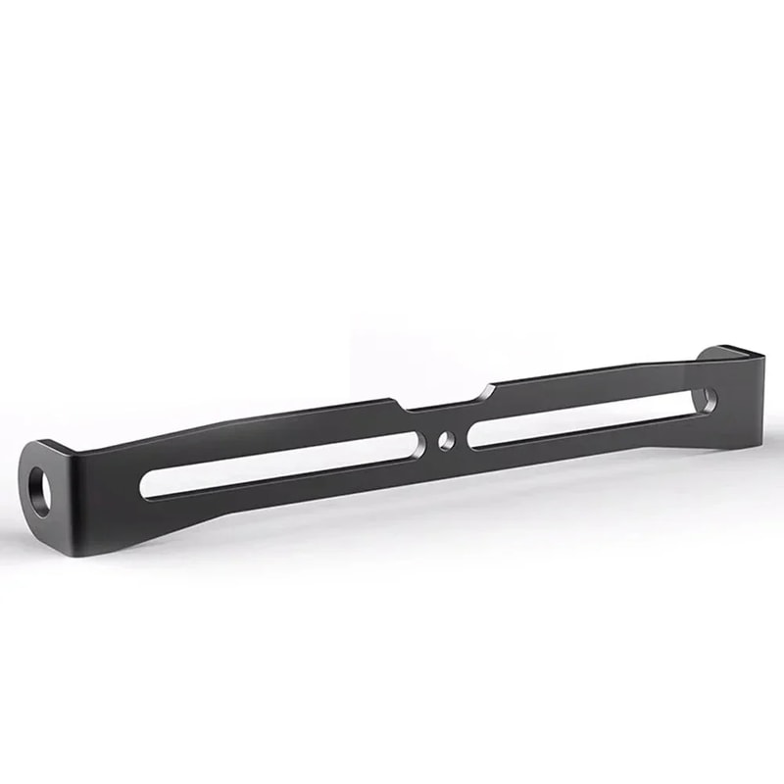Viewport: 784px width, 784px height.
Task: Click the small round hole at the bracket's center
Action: pos(446,442)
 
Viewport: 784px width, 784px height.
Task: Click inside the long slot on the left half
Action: pos(284,465)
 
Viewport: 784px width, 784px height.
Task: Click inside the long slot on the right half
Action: pos(578,421)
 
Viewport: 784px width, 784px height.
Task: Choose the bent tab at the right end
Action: pos(720,382)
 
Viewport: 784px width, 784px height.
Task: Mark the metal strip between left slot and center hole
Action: pos(431,445)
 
